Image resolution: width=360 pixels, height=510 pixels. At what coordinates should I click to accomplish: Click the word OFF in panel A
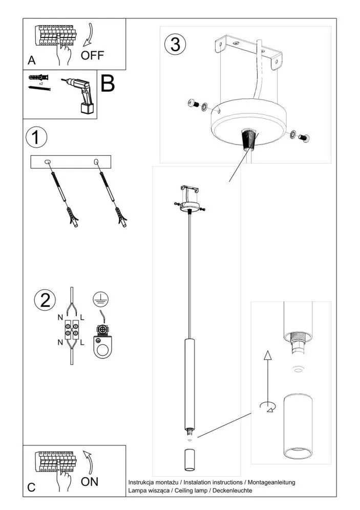pos(92,55)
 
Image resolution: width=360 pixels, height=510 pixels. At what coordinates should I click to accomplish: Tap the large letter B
pos(107,84)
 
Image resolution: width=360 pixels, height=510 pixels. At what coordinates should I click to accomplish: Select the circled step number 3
pos(175,45)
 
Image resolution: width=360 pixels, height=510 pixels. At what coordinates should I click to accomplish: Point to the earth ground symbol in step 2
pos(101,299)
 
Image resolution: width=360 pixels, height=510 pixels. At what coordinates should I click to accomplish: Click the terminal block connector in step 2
pos(71,331)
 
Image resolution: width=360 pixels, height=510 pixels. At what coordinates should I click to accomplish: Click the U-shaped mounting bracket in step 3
pos(249,51)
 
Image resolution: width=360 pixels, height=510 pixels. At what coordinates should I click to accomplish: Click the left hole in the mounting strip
pos(48,162)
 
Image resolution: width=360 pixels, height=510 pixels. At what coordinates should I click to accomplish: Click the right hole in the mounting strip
pos(96,162)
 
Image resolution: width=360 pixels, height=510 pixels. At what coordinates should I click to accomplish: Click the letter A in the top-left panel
pos(32,61)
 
